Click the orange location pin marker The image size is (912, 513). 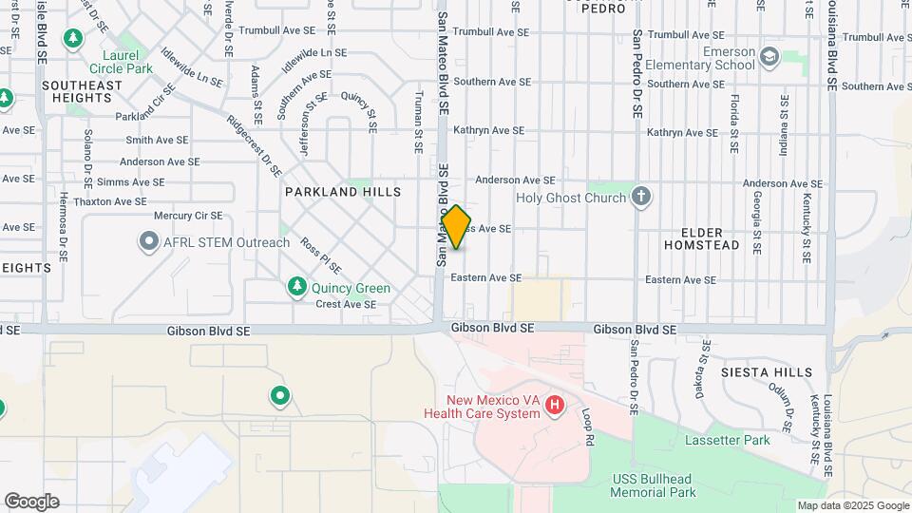pyautogui.click(x=457, y=227)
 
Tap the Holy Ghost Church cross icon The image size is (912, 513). pyautogui.click(x=642, y=198)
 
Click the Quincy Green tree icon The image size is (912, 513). pyautogui.click(x=297, y=287)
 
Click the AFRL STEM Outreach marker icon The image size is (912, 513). pyautogui.click(x=148, y=242)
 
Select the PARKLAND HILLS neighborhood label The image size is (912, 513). pyautogui.click(x=343, y=192)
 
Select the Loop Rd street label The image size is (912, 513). pyautogui.click(x=588, y=428)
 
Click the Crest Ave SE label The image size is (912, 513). pyautogui.click(x=346, y=305)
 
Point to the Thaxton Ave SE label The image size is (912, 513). pyautogui.click(x=110, y=201)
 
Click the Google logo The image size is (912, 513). pyautogui.click(x=31, y=502)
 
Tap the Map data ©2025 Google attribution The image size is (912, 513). pyautogui.click(x=851, y=505)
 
